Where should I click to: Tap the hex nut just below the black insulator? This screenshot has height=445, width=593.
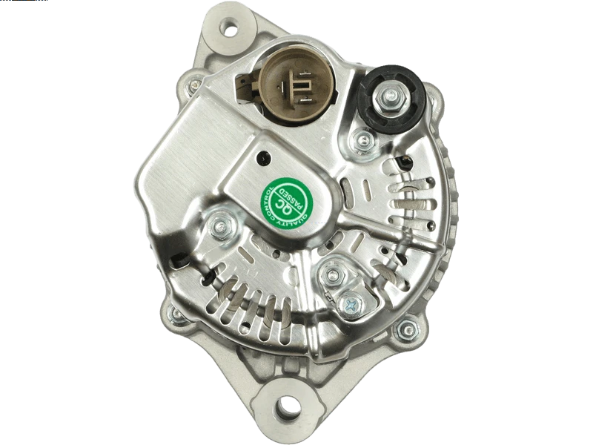363,140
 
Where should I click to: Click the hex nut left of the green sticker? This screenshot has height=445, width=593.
222,226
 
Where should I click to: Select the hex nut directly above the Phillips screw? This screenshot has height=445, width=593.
333,274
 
